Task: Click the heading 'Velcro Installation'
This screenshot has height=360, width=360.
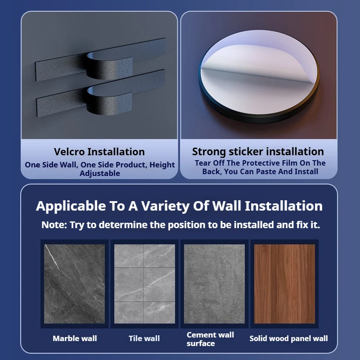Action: coord(99,152)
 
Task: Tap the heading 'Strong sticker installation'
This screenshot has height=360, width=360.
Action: coord(258,152)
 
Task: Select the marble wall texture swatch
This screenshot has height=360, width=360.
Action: coord(75,283)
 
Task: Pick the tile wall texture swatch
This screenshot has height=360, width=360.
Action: coord(144,283)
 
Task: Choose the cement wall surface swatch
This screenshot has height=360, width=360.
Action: coord(215,283)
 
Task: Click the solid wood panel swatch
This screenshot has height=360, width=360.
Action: coord(284,283)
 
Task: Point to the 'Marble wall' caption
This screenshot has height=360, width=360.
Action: coord(75,338)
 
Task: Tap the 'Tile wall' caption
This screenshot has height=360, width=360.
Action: coord(144,338)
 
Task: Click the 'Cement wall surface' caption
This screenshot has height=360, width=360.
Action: coord(210,339)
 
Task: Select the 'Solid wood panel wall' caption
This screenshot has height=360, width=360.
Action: coord(289,338)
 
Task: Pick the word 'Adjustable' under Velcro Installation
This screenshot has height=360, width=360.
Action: coord(100,173)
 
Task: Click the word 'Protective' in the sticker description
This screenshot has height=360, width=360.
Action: coord(260,163)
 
